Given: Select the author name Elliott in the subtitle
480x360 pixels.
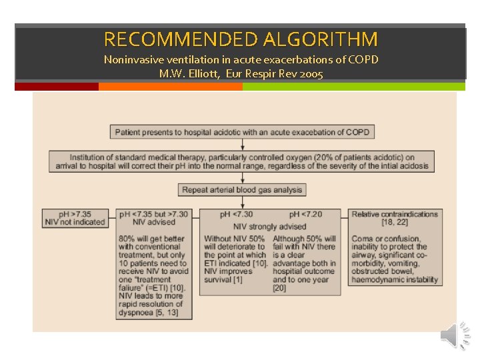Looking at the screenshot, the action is [199, 73].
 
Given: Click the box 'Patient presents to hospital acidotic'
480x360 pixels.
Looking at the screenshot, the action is [243, 132].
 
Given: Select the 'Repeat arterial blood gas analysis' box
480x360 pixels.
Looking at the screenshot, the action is [242, 190].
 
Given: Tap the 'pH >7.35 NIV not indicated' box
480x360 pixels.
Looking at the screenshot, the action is [75, 218].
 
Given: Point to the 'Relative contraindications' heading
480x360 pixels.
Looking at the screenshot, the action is [395, 214].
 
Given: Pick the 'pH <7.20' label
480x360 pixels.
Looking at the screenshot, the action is [306, 215].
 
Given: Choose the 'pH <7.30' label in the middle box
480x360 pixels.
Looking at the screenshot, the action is [236, 215].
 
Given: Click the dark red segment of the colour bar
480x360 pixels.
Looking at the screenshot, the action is [56, 87].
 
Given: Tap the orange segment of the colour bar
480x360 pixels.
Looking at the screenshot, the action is [171, 87].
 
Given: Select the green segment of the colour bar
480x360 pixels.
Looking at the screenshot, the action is [353, 87].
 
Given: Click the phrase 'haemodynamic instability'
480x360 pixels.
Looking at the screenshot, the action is [395, 279].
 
